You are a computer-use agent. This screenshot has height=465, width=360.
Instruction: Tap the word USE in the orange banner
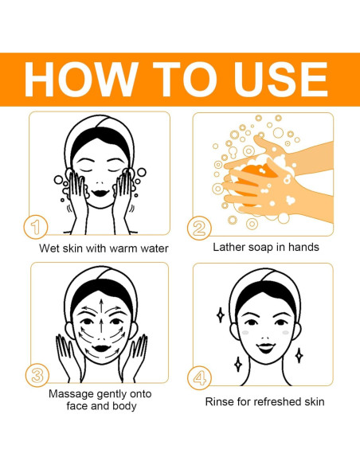281,79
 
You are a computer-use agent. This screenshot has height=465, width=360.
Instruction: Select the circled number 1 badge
36,227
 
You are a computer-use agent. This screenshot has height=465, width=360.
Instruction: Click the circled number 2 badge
199,228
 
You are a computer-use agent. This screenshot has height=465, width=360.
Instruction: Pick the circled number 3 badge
37,376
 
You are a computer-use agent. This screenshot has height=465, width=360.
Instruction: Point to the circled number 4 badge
200,377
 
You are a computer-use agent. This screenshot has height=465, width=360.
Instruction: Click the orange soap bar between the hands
252,185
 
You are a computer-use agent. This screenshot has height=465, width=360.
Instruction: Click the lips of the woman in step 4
266,348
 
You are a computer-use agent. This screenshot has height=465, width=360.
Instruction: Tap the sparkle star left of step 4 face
221,315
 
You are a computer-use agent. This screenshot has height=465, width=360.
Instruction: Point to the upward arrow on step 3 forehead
101,308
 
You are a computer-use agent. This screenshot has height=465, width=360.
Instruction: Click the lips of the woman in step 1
100,193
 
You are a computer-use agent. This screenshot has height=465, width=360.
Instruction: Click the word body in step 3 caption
124,406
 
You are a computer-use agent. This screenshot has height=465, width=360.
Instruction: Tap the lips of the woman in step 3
101,348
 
